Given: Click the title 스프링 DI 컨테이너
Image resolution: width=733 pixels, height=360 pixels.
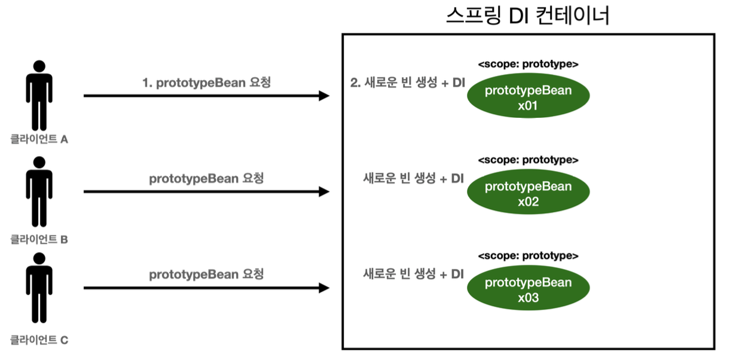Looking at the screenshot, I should pyautogui.click(x=528, y=16).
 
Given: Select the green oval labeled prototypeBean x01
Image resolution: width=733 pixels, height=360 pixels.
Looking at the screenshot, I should pyautogui.click(x=528, y=97).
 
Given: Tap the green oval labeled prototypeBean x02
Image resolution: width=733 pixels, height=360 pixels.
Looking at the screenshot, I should pyautogui.click(x=528, y=194).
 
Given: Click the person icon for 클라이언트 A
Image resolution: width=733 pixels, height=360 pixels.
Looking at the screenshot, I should pyautogui.click(x=39, y=95).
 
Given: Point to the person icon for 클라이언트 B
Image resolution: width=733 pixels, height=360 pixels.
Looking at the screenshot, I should pyautogui.click(x=39, y=191).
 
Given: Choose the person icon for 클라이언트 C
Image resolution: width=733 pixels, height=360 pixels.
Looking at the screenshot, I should pyautogui.click(x=39, y=288).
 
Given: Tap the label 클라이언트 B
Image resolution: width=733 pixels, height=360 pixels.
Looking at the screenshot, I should pyautogui.click(x=39, y=240).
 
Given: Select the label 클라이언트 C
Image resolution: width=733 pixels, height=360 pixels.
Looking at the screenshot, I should pyautogui.click(x=39, y=340).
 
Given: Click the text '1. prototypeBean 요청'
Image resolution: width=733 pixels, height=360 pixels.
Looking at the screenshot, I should pyautogui.click(x=206, y=83).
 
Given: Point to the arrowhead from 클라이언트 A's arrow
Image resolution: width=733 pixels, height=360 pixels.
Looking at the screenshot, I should pyautogui.click(x=324, y=96).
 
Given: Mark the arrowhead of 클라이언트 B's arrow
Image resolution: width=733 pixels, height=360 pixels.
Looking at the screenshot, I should pyautogui.click(x=324, y=192).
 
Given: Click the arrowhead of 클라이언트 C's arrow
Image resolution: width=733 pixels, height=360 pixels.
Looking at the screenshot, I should pyautogui.click(x=324, y=288).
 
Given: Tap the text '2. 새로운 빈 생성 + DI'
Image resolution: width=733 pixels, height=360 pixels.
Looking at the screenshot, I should pyautogui.click(x=407, y=83).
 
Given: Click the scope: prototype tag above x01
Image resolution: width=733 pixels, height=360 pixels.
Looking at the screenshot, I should pyautogui.click(x=528, y=64).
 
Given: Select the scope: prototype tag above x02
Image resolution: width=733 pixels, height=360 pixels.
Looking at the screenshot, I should pyautogui.click(x=528, y=160).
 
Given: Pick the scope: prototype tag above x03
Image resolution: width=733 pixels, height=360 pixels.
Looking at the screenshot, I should pyautogui.click(x=528, y=256).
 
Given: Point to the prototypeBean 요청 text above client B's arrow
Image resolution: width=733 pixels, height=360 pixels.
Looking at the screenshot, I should pyautogui.click(x=206, y=178).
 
